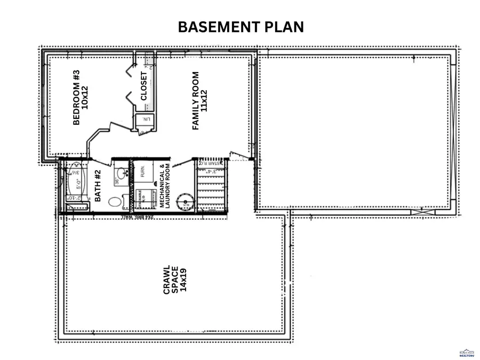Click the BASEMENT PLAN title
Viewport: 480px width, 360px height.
(x=241, y=27)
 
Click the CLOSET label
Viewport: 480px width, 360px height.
(x=144, y=86)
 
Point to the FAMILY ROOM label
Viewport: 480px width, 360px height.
(x=195, y=101)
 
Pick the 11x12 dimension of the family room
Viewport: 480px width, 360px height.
(x=204, y=100)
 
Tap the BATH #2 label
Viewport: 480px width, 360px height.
(x=98, y=185)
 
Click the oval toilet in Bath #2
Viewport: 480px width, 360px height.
(x=115, y=202)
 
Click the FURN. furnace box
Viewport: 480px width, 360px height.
(x=142, y=172)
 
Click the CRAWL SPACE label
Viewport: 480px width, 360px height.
(x=170, y=279)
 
